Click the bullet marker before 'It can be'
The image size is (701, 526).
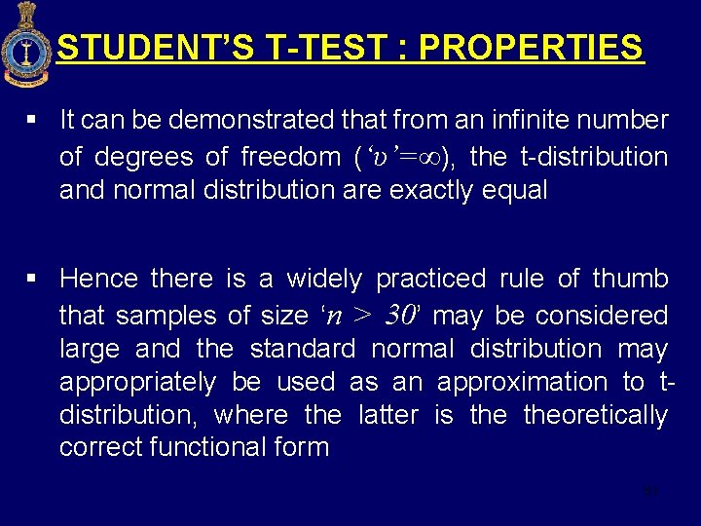click(x=32, y=121)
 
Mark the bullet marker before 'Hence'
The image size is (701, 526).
click(x=32, y=280)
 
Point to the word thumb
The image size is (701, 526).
click(x=630, y=280)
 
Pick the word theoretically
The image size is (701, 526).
click(x=595, y=415)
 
